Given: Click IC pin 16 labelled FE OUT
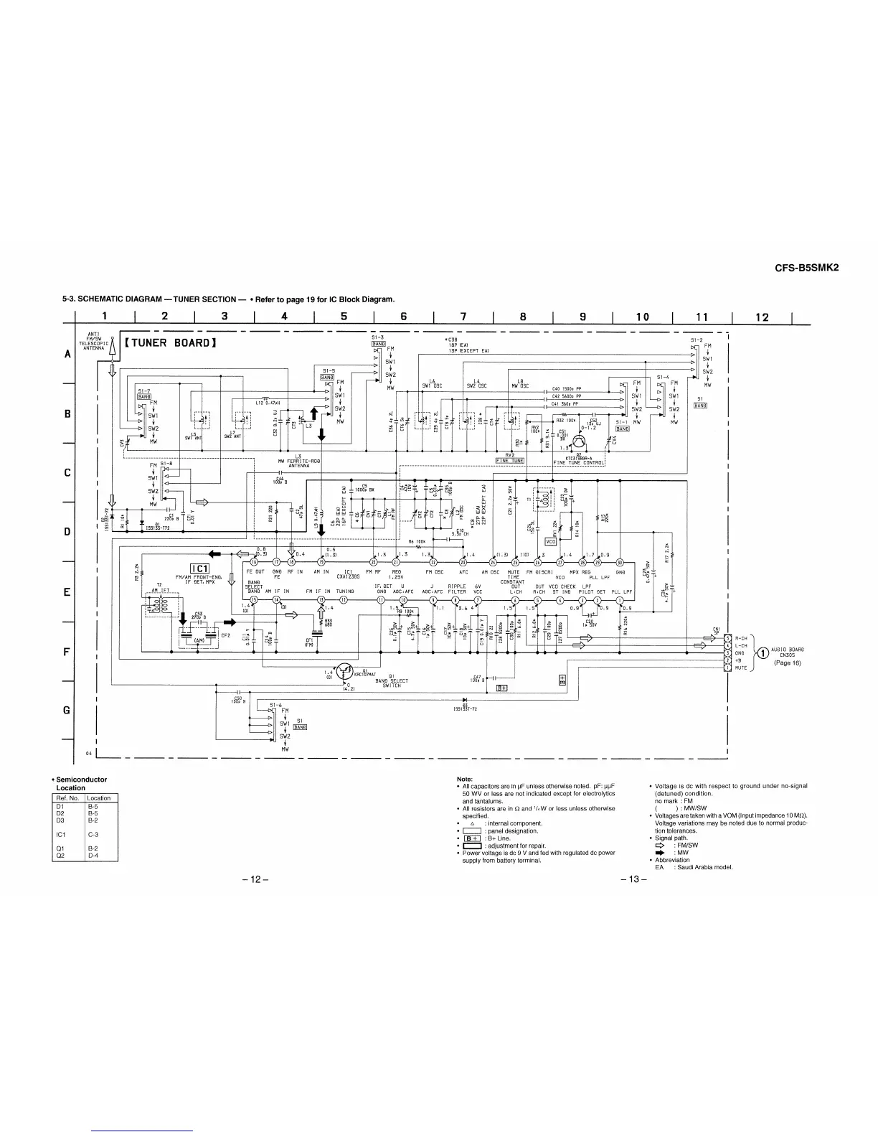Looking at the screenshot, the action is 253,561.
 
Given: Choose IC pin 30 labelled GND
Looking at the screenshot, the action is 620,561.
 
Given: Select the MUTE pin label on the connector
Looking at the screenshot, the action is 741,668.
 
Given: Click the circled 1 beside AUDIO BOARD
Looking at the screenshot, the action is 764,652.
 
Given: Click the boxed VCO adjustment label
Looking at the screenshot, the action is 552,541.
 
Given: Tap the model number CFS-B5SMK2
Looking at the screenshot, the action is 806,266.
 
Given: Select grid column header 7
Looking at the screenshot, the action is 463,317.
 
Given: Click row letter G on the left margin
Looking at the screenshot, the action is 67,710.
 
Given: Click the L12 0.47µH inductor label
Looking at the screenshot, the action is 267,402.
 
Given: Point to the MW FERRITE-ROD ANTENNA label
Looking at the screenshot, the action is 293,462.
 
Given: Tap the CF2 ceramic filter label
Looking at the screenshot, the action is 225,635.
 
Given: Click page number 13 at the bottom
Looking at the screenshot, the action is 637,880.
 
